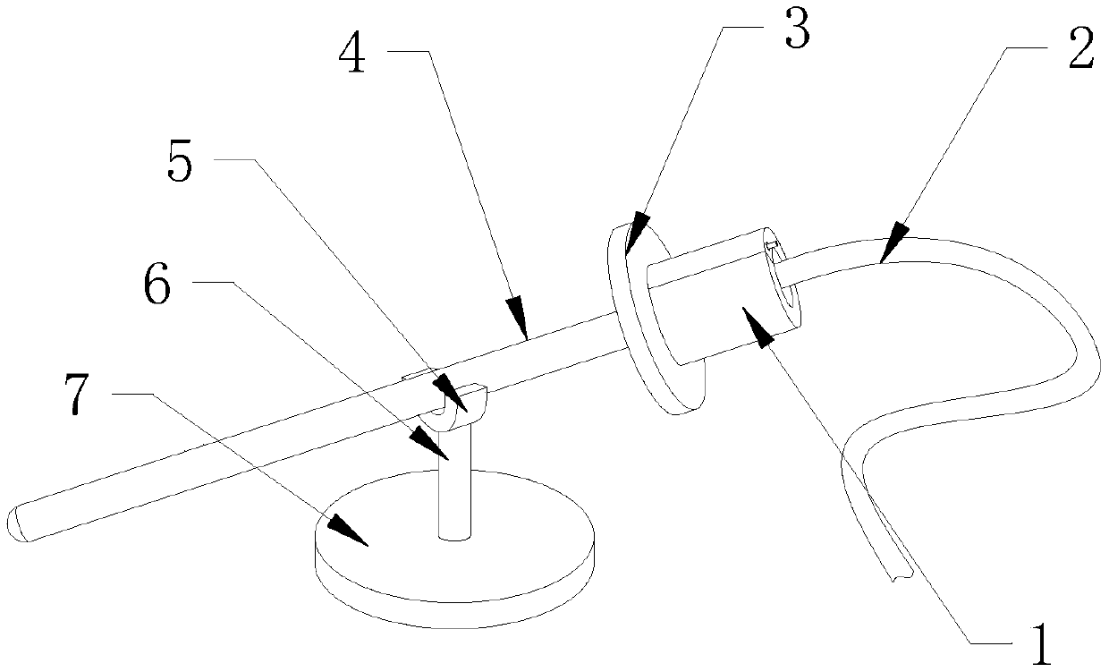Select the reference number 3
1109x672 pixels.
tap(795, 32)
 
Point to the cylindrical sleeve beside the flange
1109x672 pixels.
tap(715, 304)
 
